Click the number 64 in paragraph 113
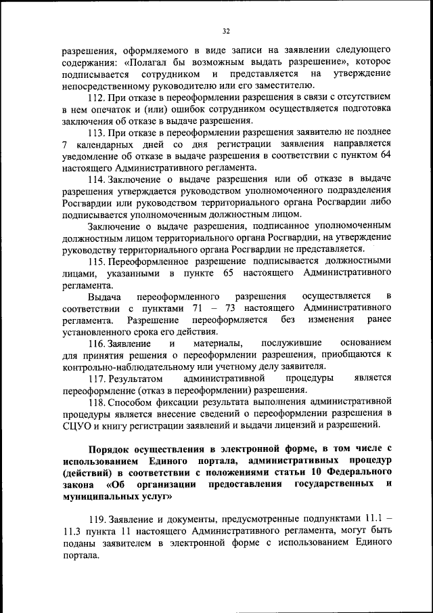(x=385, y=155)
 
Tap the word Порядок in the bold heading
(x=110, y=448)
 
